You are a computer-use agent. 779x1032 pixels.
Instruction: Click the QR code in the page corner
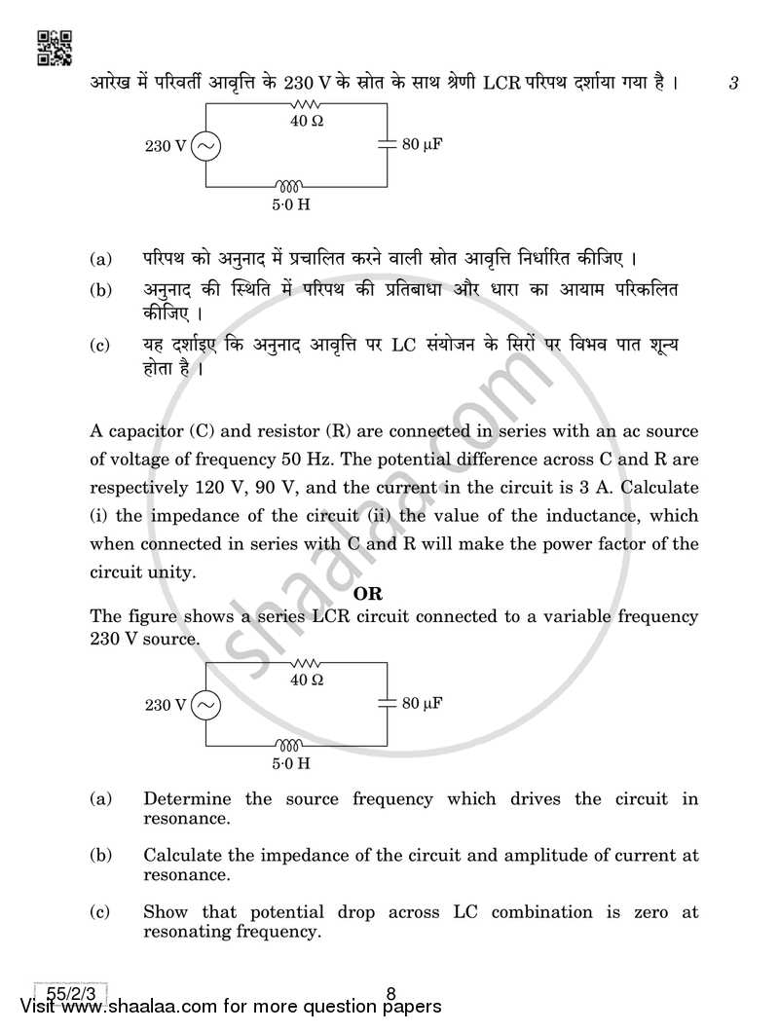point(55,47)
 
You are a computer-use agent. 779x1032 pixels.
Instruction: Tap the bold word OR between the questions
point(368,593)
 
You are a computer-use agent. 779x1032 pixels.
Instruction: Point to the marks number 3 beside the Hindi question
point(732,84)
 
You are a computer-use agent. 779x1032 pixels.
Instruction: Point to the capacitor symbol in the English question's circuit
point(388,702)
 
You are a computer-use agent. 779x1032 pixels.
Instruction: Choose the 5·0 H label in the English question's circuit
point(291,763)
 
